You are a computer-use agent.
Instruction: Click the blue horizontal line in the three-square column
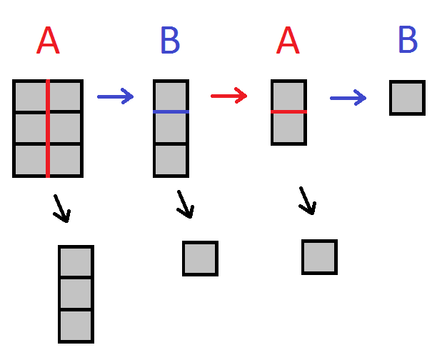coord(171,112)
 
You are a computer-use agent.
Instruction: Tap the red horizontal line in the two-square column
coord(288,112)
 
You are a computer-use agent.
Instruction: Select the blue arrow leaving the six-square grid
coord(115,96)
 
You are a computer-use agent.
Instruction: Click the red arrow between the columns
coord(228,95)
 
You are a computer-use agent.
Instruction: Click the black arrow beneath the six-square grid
coord(62,209)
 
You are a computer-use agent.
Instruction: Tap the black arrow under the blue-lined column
coord(185,204)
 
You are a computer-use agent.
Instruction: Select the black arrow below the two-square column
coord(307,201)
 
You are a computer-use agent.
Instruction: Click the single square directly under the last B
coord(407,98)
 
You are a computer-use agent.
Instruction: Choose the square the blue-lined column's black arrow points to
coord(200,258)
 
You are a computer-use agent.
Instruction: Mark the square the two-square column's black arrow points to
coord(319,257)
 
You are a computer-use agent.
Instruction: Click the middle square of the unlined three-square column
coord(76,294)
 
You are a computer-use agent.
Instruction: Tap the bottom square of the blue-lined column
coord(171,160)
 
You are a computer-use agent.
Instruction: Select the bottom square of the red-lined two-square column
coord(288,129)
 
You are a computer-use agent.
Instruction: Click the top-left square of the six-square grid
coord(31,96)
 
